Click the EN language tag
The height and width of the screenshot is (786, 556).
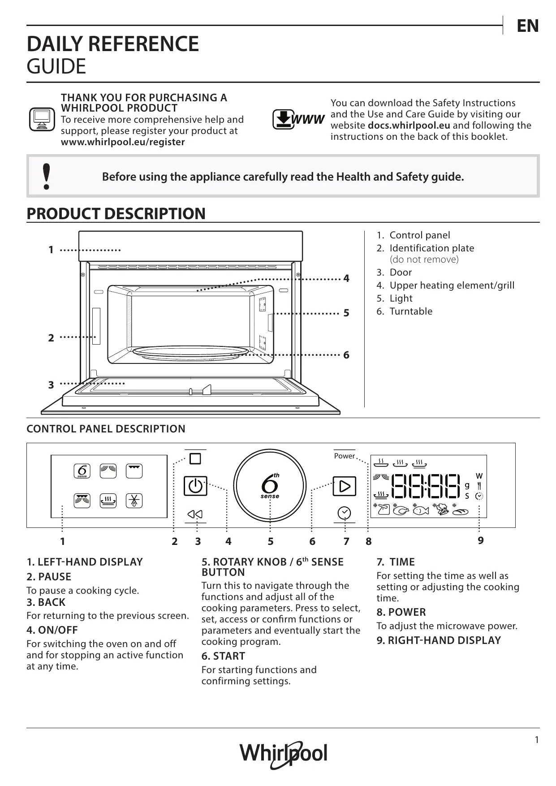click(x=527, y=26)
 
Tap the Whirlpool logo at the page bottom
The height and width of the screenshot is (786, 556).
click(x=283, y=754)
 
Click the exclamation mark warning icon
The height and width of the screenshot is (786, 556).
click(x=46, y=177)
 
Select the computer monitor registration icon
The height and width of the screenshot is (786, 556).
click(x=42, y=119)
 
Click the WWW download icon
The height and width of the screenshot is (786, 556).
click(x=298, y=119)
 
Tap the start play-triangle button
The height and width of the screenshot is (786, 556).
click(x=344, y=486)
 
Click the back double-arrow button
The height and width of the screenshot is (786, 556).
click(x=195, y=514)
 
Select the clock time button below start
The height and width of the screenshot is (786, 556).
click(x=344, y=513)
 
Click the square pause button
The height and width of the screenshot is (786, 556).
click(x=195, y=458)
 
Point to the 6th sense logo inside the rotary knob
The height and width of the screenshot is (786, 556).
click(x=270, y=486)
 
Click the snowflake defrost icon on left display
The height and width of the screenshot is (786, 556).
click(x=134, y=501)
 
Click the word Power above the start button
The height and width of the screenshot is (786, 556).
click(x=344, y=456)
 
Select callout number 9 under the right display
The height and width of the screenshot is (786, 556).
click(x=480, y=540)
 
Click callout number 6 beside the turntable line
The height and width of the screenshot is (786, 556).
click(x=346, y=355)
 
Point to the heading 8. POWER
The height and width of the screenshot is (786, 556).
click(x=401, y=612)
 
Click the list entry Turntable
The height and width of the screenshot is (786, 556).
click(x=411, y=311)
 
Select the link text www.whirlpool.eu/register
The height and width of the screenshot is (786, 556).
click(x=123, y=142)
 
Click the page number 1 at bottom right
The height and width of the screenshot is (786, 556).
click(x=537, y=740)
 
